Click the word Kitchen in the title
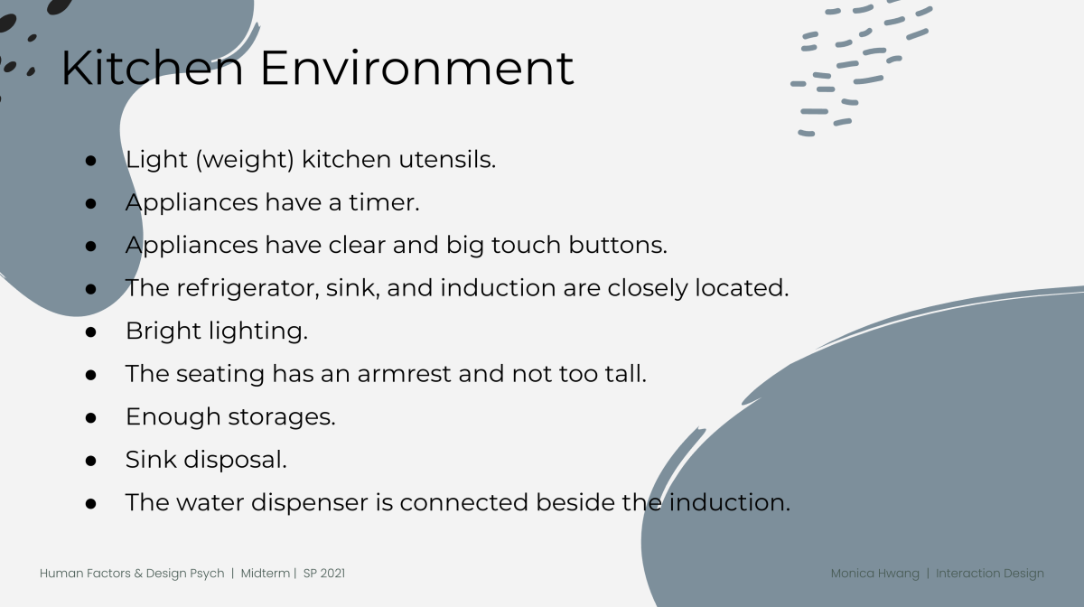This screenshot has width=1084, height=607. [152, 69]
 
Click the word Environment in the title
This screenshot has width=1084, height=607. [417, 69]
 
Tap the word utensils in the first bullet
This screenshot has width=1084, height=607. [447, 159]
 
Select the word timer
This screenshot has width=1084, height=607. [384, 202]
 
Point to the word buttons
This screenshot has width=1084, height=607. [618, 245]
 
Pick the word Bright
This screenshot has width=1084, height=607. [164, 332]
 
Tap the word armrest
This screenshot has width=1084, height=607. [404, 374]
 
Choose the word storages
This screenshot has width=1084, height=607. [282, 417]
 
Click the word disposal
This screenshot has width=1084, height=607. [235, 460]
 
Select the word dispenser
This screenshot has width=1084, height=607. [310, 503]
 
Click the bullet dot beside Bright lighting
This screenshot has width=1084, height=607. [90, 332]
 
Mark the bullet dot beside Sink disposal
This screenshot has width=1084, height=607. [90, 461]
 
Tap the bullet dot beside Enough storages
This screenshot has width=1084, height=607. [90, 417]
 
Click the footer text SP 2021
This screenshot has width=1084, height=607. [324, 573]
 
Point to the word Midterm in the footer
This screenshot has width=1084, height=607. [266, 573]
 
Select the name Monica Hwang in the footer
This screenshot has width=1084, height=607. [875, 574]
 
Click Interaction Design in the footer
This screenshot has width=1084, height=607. [990, 574]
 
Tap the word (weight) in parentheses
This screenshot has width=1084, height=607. [245, 160]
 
